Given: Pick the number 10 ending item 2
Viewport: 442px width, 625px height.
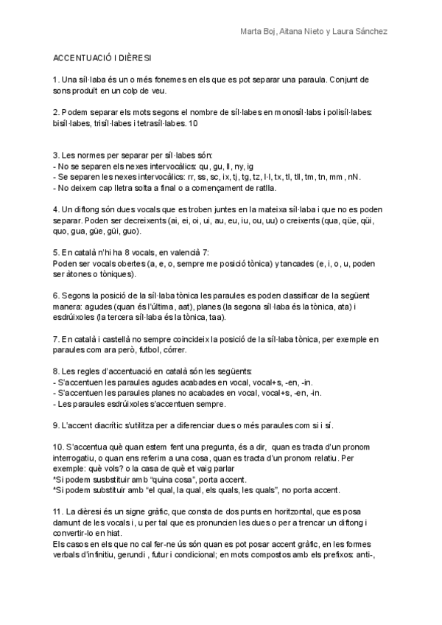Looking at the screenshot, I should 193,123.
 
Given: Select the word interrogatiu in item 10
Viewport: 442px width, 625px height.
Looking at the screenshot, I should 75,458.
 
